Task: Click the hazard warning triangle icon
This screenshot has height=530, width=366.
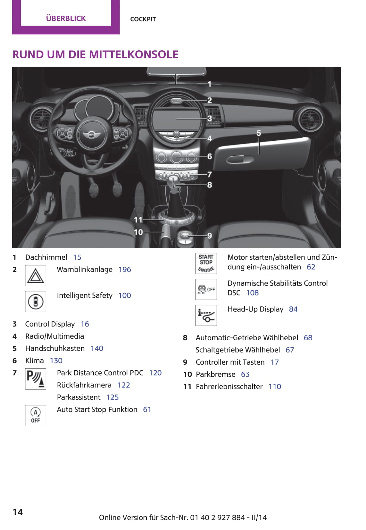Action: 35,276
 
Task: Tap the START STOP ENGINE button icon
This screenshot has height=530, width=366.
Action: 206,263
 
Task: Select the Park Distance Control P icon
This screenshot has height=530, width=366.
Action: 35,379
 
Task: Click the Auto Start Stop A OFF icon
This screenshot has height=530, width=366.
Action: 35,415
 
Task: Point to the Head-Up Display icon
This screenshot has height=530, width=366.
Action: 206,315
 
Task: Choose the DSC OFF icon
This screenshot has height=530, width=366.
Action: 206,289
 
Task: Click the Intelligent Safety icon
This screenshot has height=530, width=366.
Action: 35,301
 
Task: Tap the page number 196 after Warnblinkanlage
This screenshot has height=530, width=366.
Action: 125,270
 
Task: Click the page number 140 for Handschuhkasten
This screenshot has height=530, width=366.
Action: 97,349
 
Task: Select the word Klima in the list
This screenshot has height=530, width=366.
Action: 34,361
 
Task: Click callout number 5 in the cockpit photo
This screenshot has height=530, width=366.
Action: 259,133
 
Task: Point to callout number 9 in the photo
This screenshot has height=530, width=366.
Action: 210,236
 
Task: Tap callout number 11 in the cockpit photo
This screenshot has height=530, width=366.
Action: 138,220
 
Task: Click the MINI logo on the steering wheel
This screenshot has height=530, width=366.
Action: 92,135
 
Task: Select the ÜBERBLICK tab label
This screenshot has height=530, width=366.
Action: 66,18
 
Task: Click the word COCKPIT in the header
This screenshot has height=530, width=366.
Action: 143,19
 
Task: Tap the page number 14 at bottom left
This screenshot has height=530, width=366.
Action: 18,512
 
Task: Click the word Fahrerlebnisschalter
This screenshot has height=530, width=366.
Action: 229,387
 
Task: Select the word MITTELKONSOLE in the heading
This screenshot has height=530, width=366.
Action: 133,54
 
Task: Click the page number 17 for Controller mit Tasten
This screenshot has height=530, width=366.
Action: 275,362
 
